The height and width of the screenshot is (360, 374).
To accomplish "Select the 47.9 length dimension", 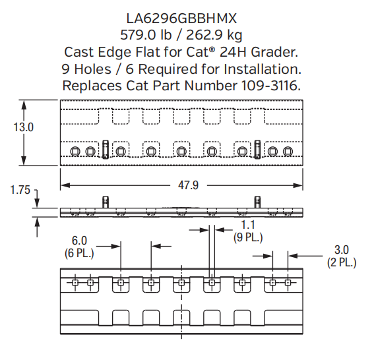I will coord(187,185).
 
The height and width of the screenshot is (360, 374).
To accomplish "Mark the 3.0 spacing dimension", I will coord(341,251).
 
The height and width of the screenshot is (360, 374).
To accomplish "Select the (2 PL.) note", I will coord(341,262).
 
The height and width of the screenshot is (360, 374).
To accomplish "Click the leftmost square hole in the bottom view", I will coord(75,284).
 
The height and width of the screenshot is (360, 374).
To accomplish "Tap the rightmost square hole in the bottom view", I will coord(288,284).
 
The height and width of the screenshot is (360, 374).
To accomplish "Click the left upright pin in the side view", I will coord(104,201).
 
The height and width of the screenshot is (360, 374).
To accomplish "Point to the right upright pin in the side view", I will coord(257,201).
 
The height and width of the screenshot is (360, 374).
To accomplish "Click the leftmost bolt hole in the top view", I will coord(75,152).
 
